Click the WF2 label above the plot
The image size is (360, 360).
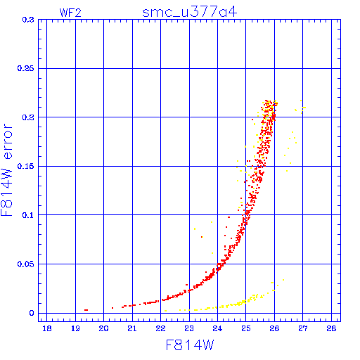(70, 13)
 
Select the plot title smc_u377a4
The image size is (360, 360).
(189, 12)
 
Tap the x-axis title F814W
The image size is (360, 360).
(190, 345)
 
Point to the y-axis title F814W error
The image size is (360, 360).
(7, 170)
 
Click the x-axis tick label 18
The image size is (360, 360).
(47, 328)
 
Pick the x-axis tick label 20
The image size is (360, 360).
(103, 328)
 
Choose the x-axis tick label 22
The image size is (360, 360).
(160, 328)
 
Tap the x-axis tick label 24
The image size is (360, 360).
(217, 328)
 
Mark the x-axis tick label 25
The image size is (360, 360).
(246, 328)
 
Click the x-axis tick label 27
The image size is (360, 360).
(303, 328)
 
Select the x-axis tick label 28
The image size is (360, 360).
(331, 328)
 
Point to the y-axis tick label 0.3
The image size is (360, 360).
(28, 20)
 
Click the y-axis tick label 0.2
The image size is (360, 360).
(28, 117)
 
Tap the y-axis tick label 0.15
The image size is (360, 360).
(26, 166)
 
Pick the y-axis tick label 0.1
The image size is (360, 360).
(28, 215)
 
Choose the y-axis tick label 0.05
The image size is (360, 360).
(26, 264)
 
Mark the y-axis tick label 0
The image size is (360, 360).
(32, 313)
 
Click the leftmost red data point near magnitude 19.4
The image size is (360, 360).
(86, 310)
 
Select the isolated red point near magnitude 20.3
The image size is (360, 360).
(112, 308)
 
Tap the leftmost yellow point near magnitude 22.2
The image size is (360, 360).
(166, 311)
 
